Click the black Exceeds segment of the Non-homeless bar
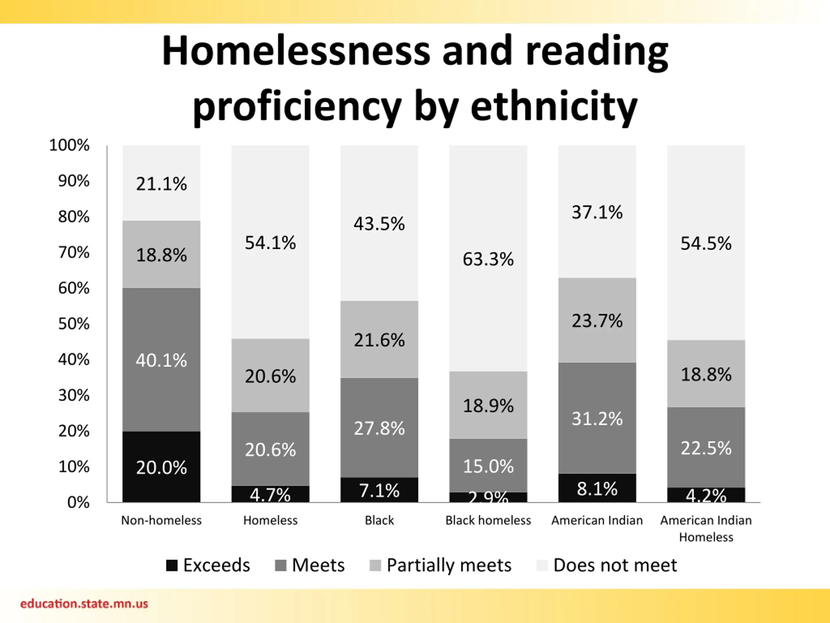tap(161, 467)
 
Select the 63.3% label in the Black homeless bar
tap(488, 259)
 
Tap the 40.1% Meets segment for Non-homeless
tap(161, 360)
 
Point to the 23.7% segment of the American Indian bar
tap(597, 320)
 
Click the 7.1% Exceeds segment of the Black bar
tap(379, 490)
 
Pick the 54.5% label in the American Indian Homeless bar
tap(706, 243)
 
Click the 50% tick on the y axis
tap(74, 324)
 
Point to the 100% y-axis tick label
tap(69, 145)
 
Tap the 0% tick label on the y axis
tap(78, 502)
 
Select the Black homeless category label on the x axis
tap(488, 520)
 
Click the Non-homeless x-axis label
tap(161, 520)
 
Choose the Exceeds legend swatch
tap(172, 565)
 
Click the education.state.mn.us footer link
tap(84, 604)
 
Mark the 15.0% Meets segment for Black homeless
tap(488, 466)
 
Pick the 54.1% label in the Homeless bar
tap(270, 243)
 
